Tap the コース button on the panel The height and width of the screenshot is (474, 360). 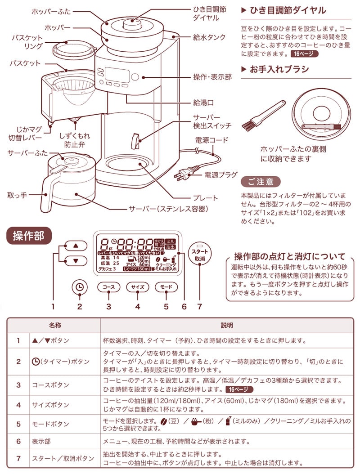point(108,287)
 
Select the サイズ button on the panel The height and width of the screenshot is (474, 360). point(137,287)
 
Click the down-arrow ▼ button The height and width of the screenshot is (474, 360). point(76,260)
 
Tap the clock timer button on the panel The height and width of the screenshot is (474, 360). point(80,287)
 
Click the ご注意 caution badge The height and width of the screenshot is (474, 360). point(261,182)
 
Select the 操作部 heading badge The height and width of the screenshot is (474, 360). point(29,236)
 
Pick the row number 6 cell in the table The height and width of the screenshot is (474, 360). point(19,441)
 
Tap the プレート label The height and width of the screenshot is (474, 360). point(205,197)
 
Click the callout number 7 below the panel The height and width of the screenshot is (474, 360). point(198,307)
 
